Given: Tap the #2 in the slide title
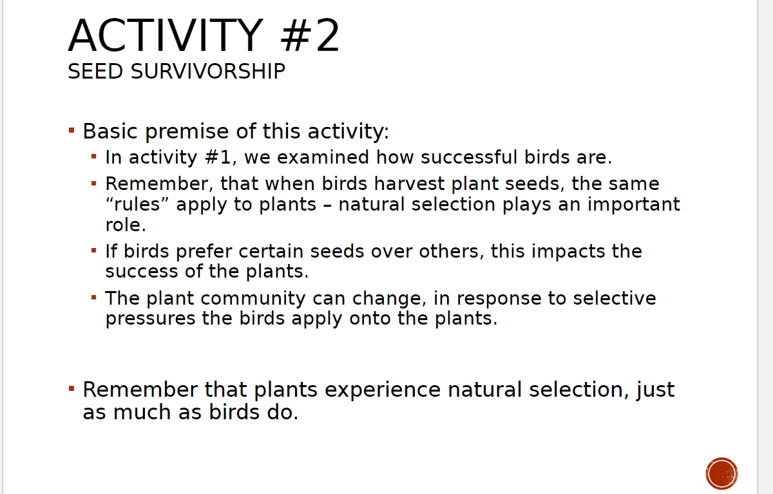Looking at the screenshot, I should coord(309,36).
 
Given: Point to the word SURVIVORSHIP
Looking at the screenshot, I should coord(208,71).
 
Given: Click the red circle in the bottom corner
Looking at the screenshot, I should coord(721,473).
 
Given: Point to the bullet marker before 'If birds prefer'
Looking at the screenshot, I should coord(94,250).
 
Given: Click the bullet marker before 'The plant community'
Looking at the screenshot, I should coord(94,298).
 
